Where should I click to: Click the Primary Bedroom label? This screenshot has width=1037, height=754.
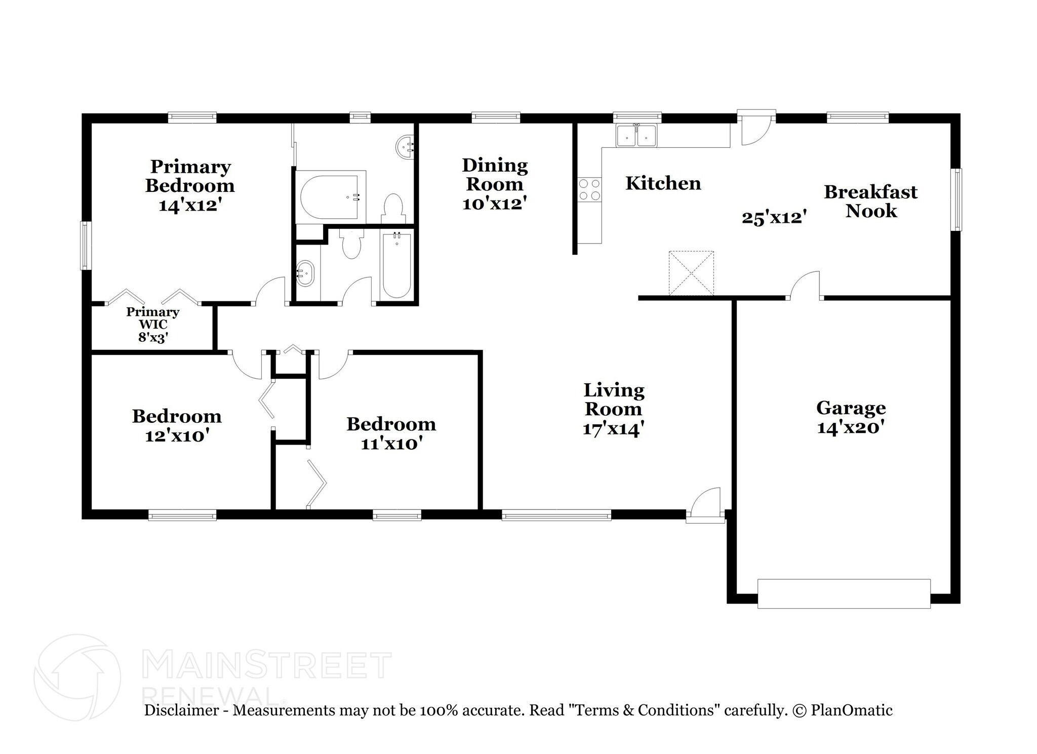point(190,176)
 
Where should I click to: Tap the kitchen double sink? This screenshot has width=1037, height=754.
point(636,136)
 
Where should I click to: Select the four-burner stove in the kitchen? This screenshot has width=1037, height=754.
point(589,189)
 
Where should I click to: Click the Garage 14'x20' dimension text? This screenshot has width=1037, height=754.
point(851,427)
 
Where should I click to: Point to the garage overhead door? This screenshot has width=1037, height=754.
point(844,593)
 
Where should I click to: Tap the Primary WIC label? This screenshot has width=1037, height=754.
point(152,318)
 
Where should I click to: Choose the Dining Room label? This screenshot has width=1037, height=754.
point(495,174)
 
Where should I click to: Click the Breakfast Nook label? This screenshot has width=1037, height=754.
point(870,201)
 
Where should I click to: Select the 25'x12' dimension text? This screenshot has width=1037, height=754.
point(774,218)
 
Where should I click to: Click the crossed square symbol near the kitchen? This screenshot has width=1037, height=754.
point(691,273)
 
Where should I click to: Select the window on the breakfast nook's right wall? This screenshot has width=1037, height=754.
point(956,200)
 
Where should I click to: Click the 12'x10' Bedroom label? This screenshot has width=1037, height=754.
point(177,416)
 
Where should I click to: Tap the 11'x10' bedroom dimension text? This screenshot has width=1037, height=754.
point(391,444)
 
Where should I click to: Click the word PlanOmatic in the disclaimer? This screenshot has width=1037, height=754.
point(852,710)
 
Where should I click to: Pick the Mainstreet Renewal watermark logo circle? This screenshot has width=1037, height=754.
point(77,677)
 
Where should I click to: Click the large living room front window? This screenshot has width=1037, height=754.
point(556,516)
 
